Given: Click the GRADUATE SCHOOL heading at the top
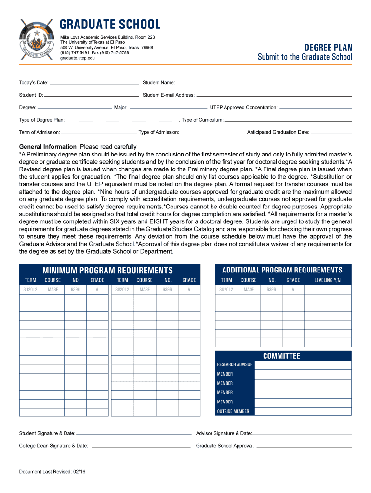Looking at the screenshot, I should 110,25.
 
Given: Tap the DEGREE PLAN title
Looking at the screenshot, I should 328,47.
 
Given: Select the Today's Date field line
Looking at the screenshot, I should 94,83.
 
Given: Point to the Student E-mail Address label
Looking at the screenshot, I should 169,95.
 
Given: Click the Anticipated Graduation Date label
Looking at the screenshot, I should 278,132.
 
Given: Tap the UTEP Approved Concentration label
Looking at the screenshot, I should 243,107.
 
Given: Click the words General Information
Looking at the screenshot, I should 48,147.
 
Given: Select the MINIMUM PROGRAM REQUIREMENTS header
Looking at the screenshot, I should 107,271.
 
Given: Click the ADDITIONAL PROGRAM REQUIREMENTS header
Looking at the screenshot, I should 282,270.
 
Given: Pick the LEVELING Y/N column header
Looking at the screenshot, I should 327,280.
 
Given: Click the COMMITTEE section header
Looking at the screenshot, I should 281,356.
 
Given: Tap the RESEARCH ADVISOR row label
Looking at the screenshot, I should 235,365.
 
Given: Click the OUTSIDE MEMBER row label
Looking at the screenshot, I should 233,412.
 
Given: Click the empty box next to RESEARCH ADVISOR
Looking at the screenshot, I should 303,365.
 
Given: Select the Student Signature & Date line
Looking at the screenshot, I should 133,433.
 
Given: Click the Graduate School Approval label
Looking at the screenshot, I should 225,446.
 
